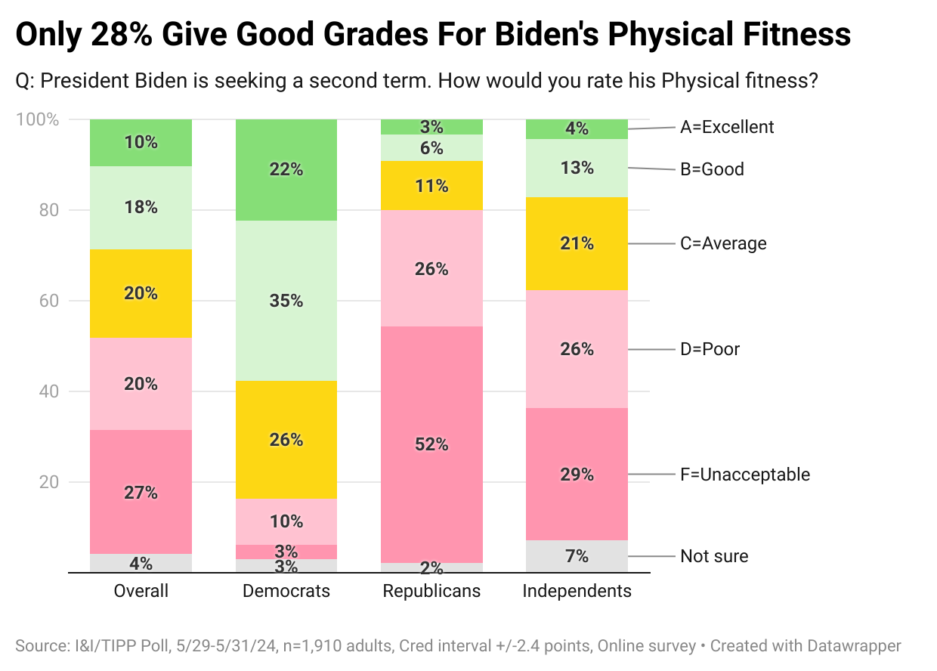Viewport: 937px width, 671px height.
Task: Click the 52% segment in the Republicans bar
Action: [x=431, y=444]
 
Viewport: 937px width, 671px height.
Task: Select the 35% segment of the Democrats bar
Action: [x=286, y=301]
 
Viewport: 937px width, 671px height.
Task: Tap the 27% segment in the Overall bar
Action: [x=141, y=492]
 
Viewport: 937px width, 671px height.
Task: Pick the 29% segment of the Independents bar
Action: [x=577, y=475]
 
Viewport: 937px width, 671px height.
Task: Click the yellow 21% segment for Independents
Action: [x=577, y=243]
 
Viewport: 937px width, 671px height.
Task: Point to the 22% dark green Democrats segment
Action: [x=286, y=170]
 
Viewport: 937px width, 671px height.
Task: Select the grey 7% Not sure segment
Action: [x=577, y=556]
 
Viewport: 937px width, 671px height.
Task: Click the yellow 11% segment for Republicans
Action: [x=431, y=185]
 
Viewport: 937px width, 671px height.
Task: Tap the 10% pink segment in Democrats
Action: [x=286, y=521]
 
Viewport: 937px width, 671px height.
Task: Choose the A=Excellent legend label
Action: [x=727, y=127]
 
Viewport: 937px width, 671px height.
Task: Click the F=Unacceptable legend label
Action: [x=745, y=475]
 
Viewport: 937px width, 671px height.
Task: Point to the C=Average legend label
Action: [x=723, y=243]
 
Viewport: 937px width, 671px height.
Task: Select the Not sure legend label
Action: [x=714, y=556]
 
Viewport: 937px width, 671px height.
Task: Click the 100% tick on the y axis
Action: [x=38, y=119]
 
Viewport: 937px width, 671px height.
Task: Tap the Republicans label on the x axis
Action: [x=431, y=591]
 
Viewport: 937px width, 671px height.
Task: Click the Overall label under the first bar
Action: [x=141, y=591]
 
